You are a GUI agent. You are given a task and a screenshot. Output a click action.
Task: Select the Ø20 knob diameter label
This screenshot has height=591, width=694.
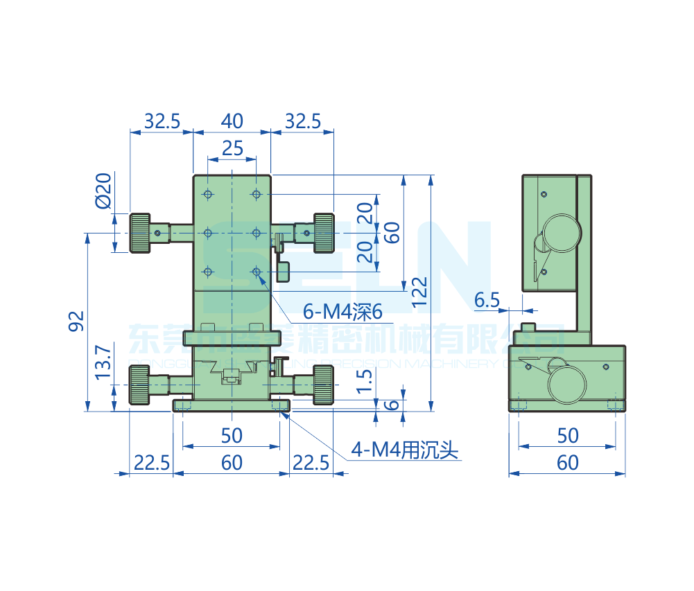click(103, 191)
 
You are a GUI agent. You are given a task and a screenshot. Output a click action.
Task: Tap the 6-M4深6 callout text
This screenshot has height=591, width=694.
click(343, 312)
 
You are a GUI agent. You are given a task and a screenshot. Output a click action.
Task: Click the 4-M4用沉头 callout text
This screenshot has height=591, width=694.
click(406, 451)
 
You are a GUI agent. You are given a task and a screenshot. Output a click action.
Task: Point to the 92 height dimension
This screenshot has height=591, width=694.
click(77, 321)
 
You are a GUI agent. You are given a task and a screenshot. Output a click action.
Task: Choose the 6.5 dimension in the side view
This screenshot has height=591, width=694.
click(487, 300)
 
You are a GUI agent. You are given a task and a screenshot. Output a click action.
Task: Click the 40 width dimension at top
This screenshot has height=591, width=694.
click(232, 121)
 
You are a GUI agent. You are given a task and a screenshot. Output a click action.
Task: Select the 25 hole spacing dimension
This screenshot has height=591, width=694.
click(232, 148)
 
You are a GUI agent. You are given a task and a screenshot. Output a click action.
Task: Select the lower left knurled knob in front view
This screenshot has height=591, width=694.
click(139, 385)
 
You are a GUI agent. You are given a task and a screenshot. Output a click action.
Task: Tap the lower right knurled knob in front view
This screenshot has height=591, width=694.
click(323, 385)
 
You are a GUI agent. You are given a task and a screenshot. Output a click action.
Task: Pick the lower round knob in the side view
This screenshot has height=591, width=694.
click(568, 384)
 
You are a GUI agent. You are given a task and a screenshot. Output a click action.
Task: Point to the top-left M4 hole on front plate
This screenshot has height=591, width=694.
click(207, 193)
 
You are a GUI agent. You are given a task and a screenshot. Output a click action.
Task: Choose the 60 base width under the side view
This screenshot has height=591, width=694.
click(567, 462)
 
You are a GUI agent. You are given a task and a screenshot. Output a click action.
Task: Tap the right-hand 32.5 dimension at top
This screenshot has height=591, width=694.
click(303, 121)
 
